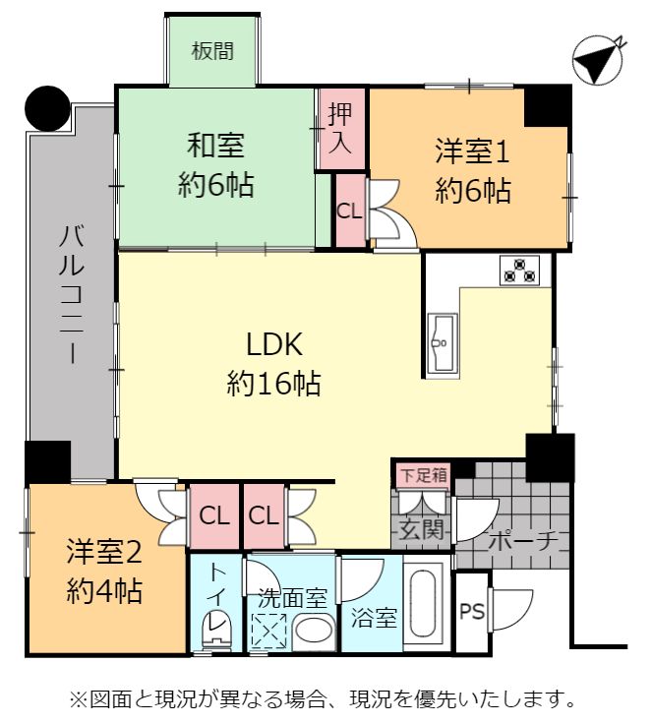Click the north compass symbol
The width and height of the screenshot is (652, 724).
600,60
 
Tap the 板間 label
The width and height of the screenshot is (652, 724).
212,51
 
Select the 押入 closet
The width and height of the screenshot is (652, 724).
340,129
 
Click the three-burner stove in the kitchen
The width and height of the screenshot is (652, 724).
520,270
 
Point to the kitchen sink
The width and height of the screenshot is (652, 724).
443,342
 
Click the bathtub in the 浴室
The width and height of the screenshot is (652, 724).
423,603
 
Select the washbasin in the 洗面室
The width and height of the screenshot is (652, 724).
314,629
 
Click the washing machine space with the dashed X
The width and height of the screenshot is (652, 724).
267,631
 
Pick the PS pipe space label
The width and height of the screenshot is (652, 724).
472,612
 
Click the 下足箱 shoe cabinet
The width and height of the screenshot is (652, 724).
424,475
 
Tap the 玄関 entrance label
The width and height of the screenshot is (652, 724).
421,529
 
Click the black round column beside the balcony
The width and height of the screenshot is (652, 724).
47,108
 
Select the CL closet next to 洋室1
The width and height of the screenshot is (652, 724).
350,211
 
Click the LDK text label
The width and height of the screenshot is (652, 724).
275,344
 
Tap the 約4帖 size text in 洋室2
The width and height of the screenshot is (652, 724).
104,590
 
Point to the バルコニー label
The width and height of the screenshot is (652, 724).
72,295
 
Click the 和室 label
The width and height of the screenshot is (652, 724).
215,145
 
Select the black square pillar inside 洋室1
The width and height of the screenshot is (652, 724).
548,106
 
